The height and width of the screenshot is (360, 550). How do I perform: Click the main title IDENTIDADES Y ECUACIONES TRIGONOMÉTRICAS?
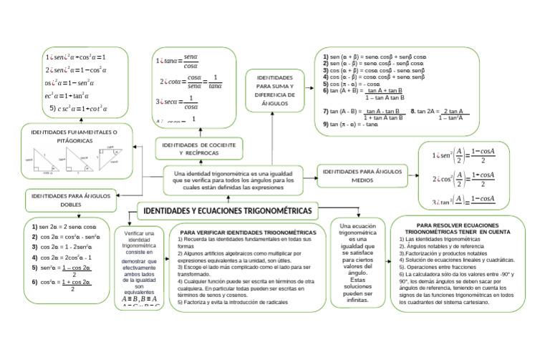(228, 212)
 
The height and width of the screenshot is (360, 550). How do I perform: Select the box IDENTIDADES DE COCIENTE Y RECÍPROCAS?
(190, 149)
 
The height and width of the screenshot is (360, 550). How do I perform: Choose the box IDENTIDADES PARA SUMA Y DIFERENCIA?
(274, 89)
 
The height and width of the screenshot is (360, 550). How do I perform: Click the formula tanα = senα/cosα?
(180, 62)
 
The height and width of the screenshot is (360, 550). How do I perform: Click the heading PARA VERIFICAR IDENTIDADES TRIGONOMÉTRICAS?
(248, 233)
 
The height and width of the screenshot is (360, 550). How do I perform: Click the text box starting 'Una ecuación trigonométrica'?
(357, 262)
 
